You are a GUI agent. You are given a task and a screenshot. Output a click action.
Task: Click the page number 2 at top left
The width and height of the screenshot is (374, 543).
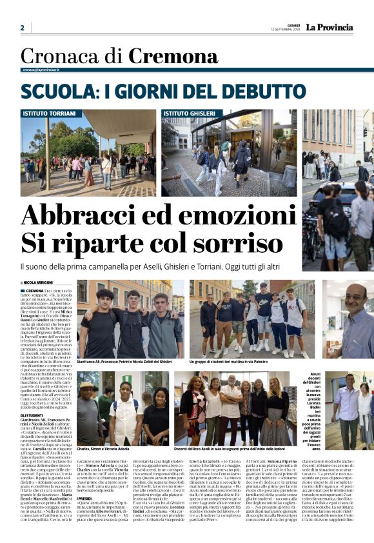[x=22, y=28]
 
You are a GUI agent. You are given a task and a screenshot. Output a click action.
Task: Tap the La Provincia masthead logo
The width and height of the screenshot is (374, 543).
[x=329, y=27]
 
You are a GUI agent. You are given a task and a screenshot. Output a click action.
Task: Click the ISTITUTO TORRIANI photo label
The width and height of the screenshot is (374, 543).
[x=49, y=113]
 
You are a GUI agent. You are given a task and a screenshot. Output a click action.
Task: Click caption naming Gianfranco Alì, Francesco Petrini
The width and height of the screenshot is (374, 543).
[x=124, y=362]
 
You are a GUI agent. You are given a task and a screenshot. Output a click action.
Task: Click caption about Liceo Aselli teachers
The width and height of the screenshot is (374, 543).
[x=237, y=449]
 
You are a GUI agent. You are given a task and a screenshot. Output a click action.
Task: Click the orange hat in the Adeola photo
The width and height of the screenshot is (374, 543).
[x=87, y=384]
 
